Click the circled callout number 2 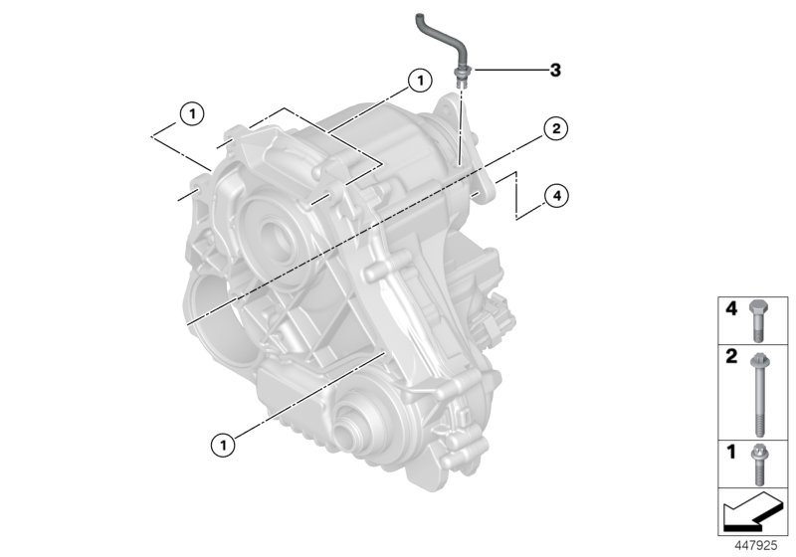[555, 128]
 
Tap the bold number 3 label [555, 70]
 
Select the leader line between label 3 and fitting [506, 70]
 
